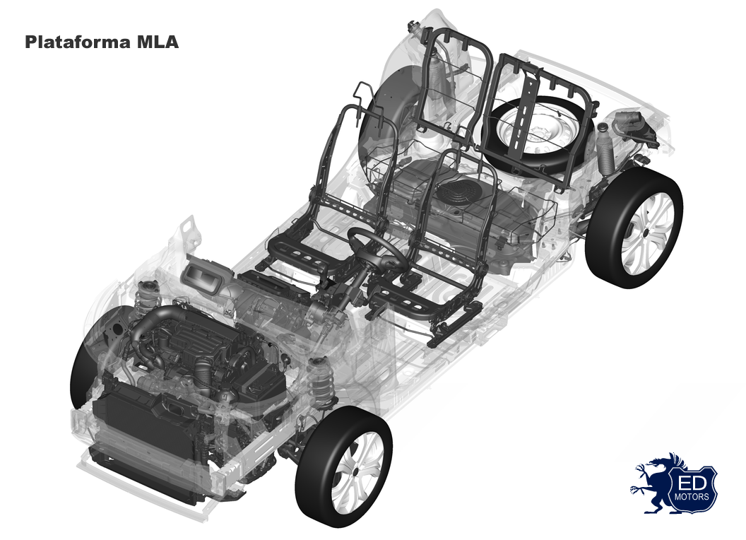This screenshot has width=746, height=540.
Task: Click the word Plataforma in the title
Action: coord(78,42)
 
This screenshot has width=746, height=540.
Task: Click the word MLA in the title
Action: coord(158,42)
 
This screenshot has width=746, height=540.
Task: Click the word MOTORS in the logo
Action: coord(692,497)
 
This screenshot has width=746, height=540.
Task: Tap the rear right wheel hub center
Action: coord(646,233)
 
